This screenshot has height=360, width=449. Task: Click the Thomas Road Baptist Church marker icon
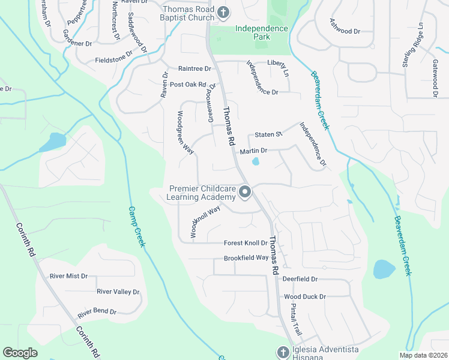223,12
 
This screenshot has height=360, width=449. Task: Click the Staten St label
268,134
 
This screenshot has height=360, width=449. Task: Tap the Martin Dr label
253,151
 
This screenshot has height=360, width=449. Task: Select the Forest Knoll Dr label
245,243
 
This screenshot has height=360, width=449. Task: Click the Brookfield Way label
246,258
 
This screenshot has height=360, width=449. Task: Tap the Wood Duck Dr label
304,296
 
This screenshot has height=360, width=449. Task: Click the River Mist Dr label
68,276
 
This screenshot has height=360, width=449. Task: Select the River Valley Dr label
118,292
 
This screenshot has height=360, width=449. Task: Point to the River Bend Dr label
96,312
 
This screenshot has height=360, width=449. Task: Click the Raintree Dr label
194,68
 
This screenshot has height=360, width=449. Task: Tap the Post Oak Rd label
187,85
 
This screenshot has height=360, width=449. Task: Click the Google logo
20,353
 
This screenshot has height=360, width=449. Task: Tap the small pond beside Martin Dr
256,161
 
